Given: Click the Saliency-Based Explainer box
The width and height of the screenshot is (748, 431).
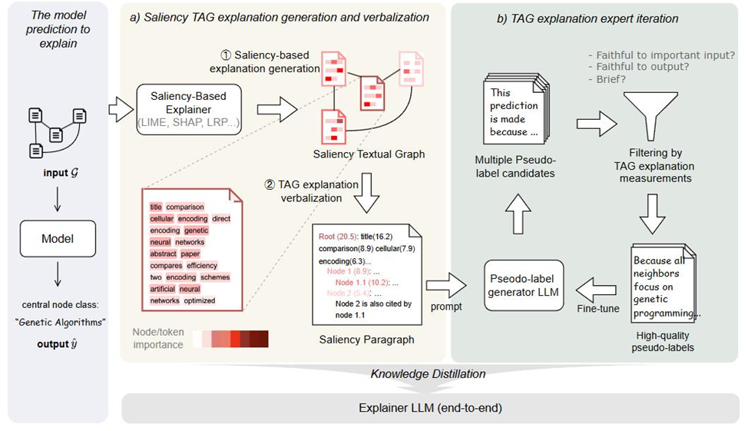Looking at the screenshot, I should [189, 108].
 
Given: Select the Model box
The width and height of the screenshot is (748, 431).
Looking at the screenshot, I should [58, 238].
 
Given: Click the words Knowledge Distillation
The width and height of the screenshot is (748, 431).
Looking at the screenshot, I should [428, 374].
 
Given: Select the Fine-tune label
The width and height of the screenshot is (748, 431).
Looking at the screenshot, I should [599, 309].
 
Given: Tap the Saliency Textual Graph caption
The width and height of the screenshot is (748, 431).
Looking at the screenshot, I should [369, 154].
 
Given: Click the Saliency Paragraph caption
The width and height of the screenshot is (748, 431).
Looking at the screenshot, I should [366, 339].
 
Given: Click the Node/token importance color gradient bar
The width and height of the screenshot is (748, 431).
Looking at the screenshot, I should [230, 339].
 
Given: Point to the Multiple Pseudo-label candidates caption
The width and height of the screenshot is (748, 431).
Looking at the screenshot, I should [517, 167].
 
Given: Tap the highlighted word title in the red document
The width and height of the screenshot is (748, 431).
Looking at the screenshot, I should [156, 207].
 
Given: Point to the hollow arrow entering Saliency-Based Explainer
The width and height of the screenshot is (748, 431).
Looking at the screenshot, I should [120, 109].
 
